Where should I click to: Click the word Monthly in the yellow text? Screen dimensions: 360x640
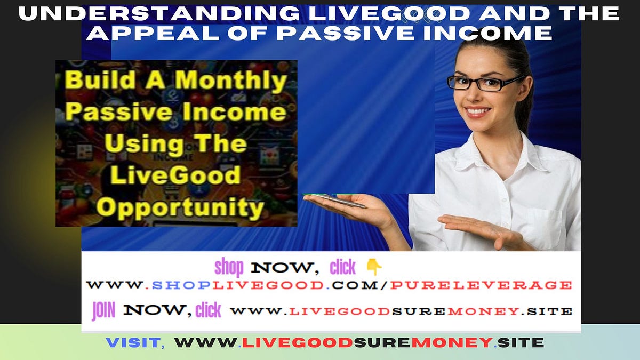(x=231, y=81)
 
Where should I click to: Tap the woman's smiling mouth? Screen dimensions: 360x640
(x=477, y=112)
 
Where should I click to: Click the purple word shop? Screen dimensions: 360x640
(x=229, y=267)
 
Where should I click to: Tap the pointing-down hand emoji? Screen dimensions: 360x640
(x=374, y=267)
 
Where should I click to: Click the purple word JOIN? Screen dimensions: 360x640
(x=103, y=310)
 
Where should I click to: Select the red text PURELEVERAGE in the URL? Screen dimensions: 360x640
(x=480, y=285)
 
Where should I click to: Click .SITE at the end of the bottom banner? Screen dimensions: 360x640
(x=520, y=342)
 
